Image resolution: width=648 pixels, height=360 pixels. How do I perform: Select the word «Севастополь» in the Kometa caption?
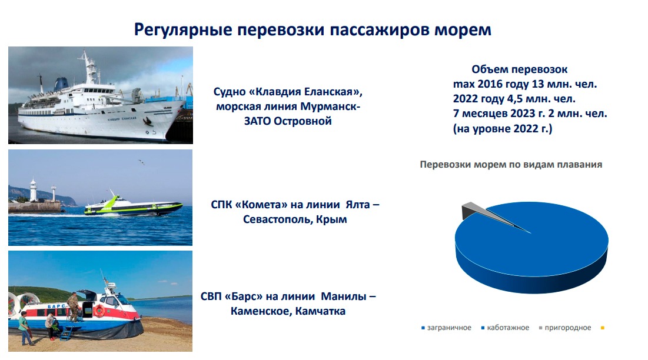[278, 219]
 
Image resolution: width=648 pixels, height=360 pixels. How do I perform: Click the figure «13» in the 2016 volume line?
[538, 84]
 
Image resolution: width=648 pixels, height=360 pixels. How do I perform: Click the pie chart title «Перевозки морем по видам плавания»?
[511, 164]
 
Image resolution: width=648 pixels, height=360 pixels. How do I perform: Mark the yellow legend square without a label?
[603, 328]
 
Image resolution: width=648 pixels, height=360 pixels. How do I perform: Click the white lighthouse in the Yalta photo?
[33, 191]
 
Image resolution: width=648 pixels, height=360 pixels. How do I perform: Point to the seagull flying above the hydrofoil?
[141, 162]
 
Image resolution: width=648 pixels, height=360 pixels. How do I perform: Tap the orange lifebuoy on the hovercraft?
[99, 311]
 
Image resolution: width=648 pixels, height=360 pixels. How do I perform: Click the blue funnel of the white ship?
[61, 84]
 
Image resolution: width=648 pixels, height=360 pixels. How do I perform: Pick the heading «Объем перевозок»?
[520, 69]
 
